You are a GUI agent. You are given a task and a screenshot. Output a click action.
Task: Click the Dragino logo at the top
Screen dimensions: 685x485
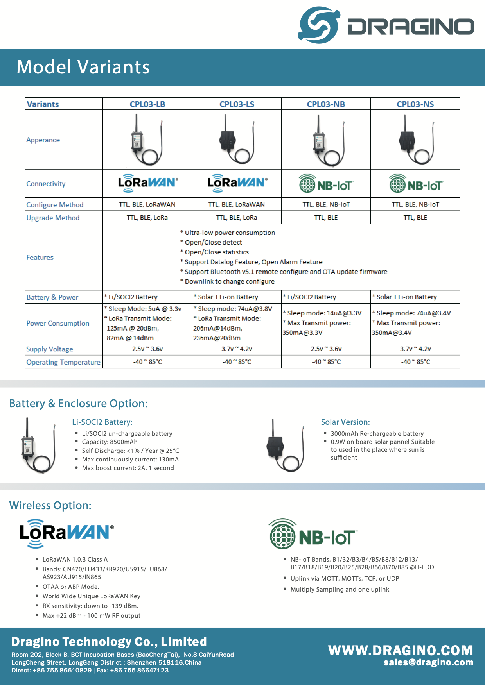click(386, 25)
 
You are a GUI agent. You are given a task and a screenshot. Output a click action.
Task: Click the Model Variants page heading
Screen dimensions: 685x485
click(83, 67)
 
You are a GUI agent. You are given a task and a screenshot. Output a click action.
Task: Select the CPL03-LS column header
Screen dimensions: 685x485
click(237, 104)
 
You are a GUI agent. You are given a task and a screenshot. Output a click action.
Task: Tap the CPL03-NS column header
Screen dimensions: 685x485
click(415, 104)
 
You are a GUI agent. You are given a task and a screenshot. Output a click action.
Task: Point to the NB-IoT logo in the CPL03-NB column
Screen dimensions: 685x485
click(326, 184)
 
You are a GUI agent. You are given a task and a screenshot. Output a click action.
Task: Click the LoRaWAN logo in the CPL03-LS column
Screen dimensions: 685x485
click(237, 183)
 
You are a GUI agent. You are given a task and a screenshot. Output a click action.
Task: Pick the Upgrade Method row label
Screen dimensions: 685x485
click(53, 218)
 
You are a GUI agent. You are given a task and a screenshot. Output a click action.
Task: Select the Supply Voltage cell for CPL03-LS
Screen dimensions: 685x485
click(237, 349)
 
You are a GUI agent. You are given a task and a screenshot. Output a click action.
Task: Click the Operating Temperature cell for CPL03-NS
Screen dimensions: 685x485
click(415, 362)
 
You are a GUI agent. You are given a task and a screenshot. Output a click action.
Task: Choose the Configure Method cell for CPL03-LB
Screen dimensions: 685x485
click(147, 204)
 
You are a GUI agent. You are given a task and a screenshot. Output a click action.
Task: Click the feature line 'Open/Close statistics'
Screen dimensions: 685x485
click(216, 252)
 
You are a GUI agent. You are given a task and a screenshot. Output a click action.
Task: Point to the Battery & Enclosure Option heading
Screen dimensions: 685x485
click(79, 403)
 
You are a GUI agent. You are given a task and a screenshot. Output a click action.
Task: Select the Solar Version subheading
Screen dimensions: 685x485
click(345, 422)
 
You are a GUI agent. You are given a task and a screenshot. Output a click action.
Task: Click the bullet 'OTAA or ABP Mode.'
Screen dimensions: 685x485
click(71, 587)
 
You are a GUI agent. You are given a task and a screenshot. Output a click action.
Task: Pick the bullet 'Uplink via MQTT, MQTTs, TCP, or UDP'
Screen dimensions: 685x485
click(345, 578)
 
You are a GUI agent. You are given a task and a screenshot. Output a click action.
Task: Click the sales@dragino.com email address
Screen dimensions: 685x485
click(428, 662)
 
